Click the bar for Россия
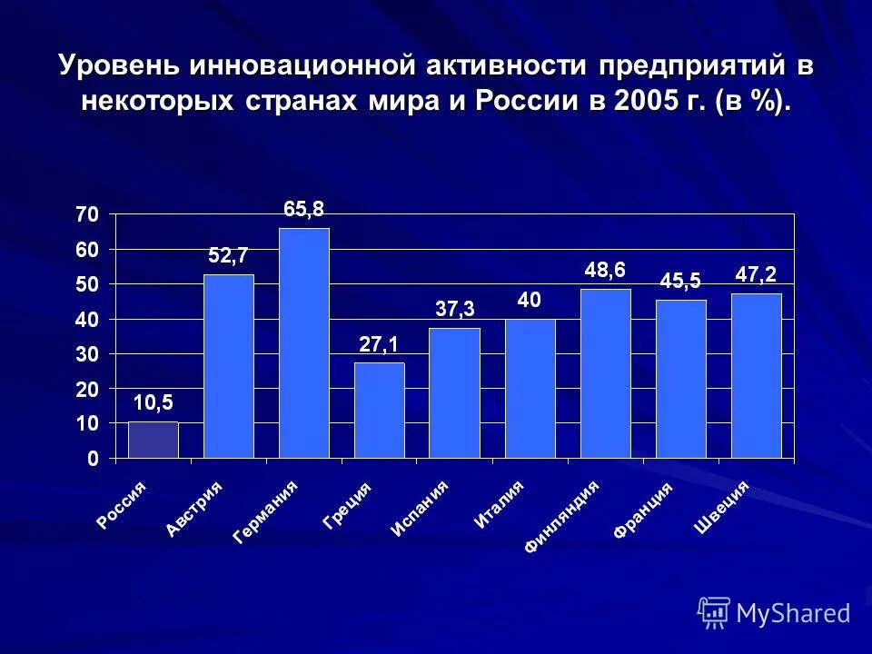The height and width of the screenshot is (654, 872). coord(153,441)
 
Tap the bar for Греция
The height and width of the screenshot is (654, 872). coord(379,411)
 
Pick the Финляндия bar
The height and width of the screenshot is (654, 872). coord(605,373)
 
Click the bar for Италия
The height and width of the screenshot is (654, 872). coord(530,389)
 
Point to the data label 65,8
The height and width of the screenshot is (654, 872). coord(303,210)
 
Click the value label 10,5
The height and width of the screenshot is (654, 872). coord(153,402)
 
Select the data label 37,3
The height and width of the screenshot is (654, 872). coord(454,310)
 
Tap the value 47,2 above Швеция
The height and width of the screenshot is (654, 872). coord(756,274)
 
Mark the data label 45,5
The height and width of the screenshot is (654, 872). coord(680,282)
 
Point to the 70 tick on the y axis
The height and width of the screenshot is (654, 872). coord(87,215)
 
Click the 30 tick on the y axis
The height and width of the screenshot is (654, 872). coord(87,355)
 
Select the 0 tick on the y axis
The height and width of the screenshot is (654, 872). coord(93,460)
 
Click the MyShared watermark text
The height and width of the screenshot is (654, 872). coord(793,613)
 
